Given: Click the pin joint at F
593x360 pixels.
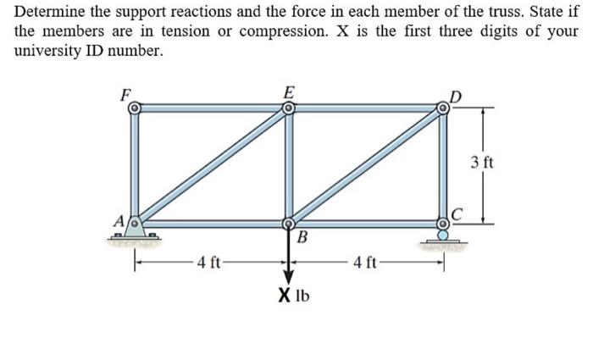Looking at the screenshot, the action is pos(134,108).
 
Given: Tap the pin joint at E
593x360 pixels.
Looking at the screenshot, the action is pos(289,108).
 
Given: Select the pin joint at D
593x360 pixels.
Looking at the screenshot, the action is pos(442,108).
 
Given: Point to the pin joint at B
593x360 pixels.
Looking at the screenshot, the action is pos(289,224).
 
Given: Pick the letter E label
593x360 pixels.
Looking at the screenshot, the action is pos(290,91).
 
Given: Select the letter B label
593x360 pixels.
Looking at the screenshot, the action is pos(302,236).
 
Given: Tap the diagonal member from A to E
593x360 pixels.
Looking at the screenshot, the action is pos(212,166).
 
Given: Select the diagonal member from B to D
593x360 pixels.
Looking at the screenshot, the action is pos(366,166).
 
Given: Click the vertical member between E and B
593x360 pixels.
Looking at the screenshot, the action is pos(289,166).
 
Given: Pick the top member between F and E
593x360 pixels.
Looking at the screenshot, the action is pos(212,108).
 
